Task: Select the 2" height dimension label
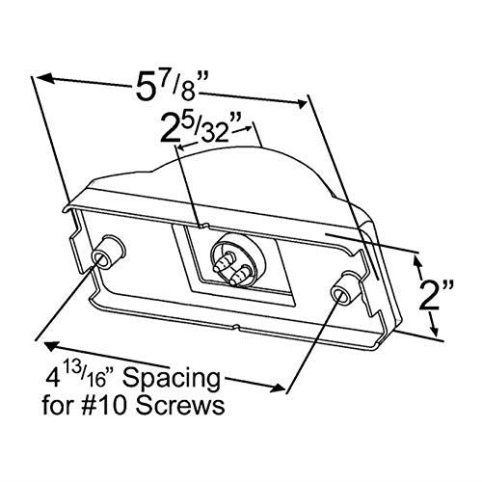(x=437, y=295)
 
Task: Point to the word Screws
(x=180, y=406)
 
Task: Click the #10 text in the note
(x=108, y=406)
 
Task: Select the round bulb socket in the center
(x=238, y=259)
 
